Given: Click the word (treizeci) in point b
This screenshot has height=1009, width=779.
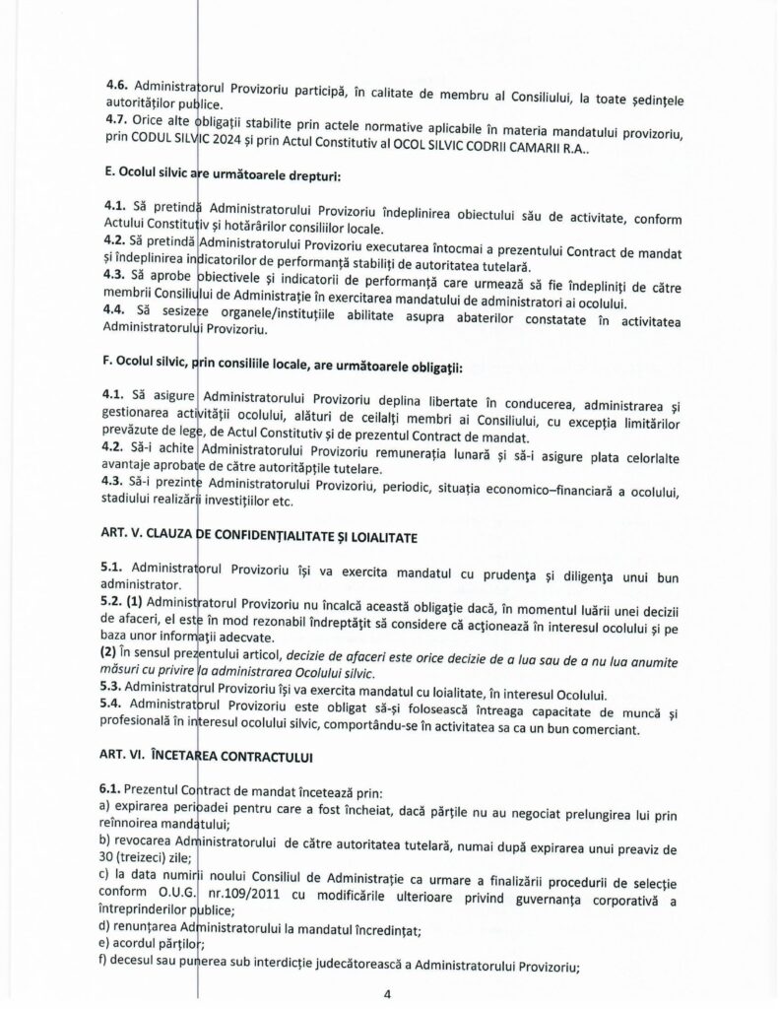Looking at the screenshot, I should coord(142,856).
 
